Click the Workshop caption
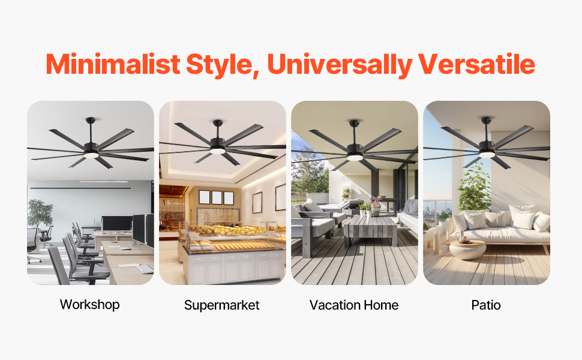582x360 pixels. pyautogui.click(x=90, y=304)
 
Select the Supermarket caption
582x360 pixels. pyautogui.click(x=222, y=305)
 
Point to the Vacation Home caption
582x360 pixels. pyautogui.click(x=354, y=305)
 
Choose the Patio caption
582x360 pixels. pyautogui.click(x=486, y=305)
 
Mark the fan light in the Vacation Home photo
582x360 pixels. pyautogui.click(x=355, y=157)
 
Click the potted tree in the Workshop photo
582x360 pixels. pyautogui.click(x=40, y=213)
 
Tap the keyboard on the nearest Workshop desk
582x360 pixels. pyautogui.click(x=145, y=269)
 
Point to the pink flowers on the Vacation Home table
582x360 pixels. pyautogui.click(x=376, y=204)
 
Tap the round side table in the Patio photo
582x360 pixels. pyautogui.click(x=467, y=248)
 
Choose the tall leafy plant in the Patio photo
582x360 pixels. pyautogui.click(x=474, y=186)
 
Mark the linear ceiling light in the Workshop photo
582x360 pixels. pyautogui.click(x=103, y=182)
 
